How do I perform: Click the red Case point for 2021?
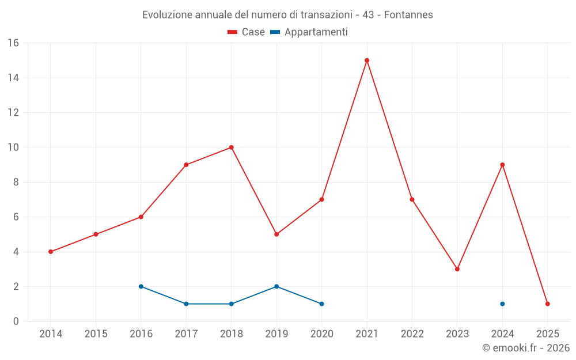[x=367, y=60]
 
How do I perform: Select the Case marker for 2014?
[x=51, y=252]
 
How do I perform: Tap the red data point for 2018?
[x=232, y=147]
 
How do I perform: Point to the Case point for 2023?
[x=457, y=269]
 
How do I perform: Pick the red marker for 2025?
[x=548, y=304]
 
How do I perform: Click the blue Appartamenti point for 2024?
[x=502, y=304]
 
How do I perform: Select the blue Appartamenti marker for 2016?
[x=141, y=286]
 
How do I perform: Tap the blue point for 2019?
[x=276, y=286]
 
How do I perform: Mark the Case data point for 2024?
[x=502, y=165]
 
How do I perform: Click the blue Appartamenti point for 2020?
[x=321, y=304]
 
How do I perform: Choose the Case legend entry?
[x=247, y=32]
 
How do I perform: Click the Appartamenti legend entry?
[x=309, y=32]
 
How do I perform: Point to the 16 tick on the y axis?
[x=13, y=43]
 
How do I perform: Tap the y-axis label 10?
[x=13, y=147]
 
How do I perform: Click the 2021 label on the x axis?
[x=367, y=334]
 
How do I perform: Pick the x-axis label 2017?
[x=186, y=334]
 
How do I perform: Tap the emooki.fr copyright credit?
[x=526, y=348]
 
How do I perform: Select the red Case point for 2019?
[x=276, y=234]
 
